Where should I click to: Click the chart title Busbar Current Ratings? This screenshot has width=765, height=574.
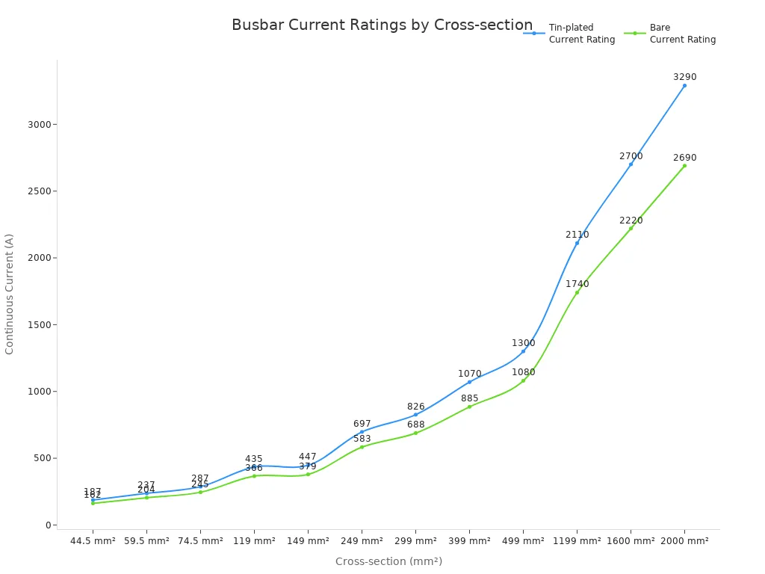pos(382,25)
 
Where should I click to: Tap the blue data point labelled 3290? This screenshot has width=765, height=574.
pos(684,85)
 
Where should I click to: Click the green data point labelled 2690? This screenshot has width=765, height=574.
pos(684,165)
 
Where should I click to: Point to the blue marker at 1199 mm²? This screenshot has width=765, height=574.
pos(577,243)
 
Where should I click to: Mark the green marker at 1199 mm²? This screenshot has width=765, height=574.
pos(577,292)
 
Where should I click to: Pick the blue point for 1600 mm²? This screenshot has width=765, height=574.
pos(631,164)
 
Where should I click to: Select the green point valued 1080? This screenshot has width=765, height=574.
pos(523,380)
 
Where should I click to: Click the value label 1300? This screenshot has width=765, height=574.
pos(523,343)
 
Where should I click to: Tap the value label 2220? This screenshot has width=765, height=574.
pos(631,220)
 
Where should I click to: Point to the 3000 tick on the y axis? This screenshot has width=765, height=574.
pos(39,124)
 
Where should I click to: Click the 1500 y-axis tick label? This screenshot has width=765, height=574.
pos(39,324)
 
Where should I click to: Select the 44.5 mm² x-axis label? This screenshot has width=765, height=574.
pos(93,540)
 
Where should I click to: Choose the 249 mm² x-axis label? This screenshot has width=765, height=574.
pos(362,540)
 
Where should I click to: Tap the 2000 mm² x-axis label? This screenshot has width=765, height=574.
pos(684,540)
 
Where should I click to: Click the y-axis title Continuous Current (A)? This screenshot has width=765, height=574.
pos(10,294)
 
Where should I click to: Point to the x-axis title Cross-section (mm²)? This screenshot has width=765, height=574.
pos(388,561)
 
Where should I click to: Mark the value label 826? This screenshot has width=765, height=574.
pos(415,407)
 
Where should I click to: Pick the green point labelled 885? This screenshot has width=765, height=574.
pos(469,407)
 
